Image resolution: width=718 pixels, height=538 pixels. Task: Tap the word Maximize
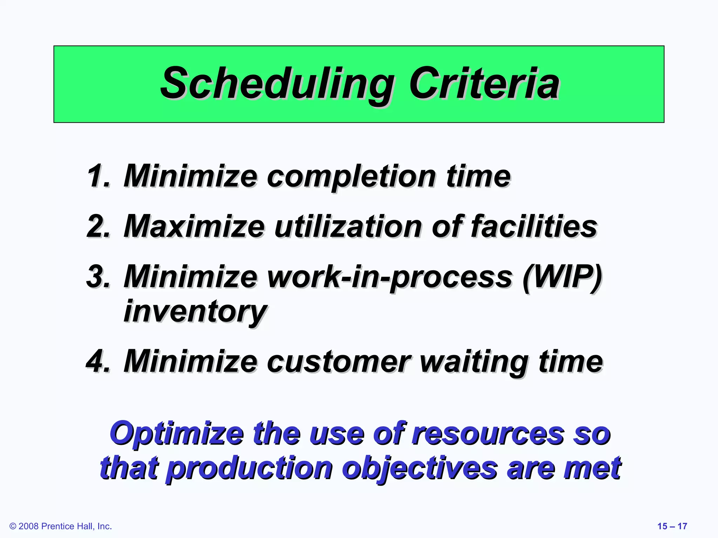pyautogui.click(x=194, y=226)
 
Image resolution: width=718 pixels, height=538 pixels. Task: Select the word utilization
pyautogui.click(x=347, y=226)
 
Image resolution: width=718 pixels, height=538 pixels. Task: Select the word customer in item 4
pyautogui.click(x=339, y=361)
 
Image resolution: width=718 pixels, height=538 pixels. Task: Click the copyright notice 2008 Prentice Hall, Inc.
pyautogui.click(x=61, y=526)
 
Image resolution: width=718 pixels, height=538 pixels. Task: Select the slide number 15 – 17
pyautogui.click(x=672, y=526)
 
